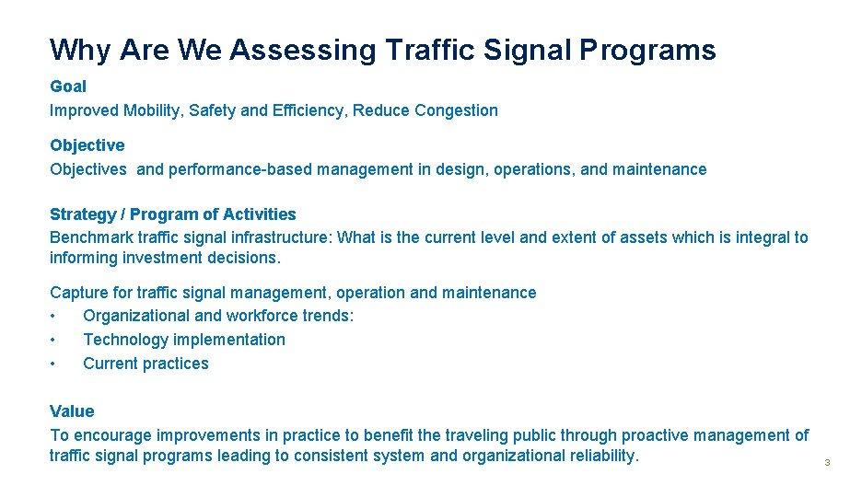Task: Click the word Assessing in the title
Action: tap(303, 50)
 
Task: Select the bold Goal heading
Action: tap(68, 87)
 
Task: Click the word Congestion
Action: tap(456, 110)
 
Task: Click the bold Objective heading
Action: tap(87, 145)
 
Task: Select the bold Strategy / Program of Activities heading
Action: tap(173, 214)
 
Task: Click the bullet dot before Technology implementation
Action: tap(54, 340)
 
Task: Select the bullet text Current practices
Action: tap(146, 364)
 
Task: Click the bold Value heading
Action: tap(72, 411)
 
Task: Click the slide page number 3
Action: tap(827, 462)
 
